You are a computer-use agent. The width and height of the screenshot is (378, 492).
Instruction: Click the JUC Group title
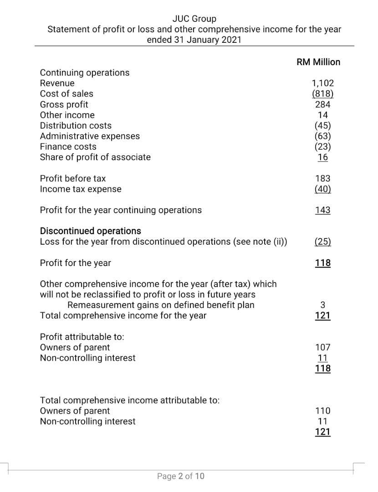point(194,19)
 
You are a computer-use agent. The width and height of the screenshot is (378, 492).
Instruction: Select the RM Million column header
point(318,62)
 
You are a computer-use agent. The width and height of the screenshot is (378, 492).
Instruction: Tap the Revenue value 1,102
point(322,83)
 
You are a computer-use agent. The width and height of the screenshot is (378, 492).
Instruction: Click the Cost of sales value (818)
point(322,94)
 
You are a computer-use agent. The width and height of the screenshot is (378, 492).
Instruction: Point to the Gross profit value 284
point(323,104)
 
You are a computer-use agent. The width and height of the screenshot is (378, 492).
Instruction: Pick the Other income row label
point(67,115)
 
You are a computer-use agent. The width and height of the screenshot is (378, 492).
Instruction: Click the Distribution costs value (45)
point(323,125)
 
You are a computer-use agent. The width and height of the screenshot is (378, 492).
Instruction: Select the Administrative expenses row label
point(90,136)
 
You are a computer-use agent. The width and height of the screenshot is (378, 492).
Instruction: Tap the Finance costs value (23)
point(323,146)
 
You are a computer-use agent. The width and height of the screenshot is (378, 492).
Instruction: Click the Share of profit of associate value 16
point(323,157)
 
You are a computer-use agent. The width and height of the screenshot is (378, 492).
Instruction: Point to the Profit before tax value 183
point(323,179)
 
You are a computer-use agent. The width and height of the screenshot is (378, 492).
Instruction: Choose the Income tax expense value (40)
point(323,189)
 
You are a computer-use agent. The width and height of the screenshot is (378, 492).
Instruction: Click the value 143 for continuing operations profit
point(323,210)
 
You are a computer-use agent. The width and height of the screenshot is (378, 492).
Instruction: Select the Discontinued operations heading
point(91,231)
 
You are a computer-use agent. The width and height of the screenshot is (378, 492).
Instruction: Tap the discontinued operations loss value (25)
point(323,241)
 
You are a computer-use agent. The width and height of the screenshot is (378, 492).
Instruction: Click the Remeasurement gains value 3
point(323,305)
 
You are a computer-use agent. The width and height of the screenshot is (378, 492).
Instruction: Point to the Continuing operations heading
point(85,72)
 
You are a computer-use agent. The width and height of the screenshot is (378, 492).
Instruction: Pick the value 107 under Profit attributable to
point(323,347)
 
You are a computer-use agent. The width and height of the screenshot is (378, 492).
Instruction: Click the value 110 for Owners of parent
point(323,411)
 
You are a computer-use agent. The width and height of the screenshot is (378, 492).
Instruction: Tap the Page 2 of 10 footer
point(181,476)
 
